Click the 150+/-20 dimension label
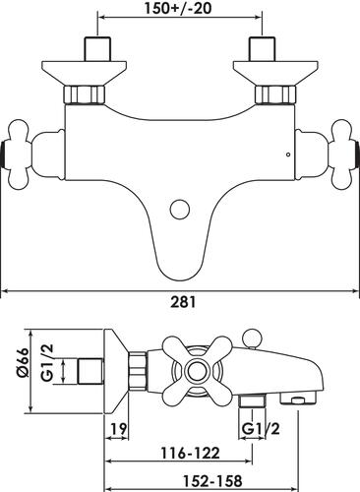point(178,8)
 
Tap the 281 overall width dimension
point(183,302)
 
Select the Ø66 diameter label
point(24,364)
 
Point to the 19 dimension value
point(118,429)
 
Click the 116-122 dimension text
point(190,454)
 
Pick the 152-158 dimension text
point(212,481)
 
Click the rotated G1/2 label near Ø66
point(48,363)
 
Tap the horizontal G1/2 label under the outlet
point(261,428)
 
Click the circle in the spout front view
point(180,210)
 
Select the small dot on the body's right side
point(288,154)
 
